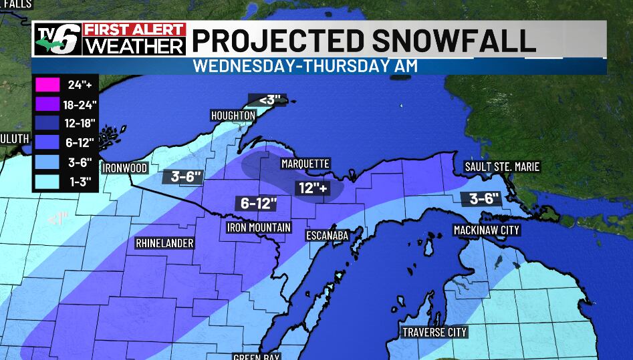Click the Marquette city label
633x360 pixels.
(305, 164)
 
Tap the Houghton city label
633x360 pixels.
(233, 116)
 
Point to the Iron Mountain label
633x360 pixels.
(259, 227)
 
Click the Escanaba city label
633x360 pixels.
(327, 235)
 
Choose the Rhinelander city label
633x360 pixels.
(164, 243)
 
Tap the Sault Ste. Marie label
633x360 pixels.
(501, 167)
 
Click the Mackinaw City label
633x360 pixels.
(486, 230)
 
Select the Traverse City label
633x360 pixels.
(434, 332)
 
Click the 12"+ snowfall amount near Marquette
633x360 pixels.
(313, 188)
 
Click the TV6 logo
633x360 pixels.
(58, 39)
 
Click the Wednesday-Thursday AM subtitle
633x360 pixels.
(305, 65)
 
